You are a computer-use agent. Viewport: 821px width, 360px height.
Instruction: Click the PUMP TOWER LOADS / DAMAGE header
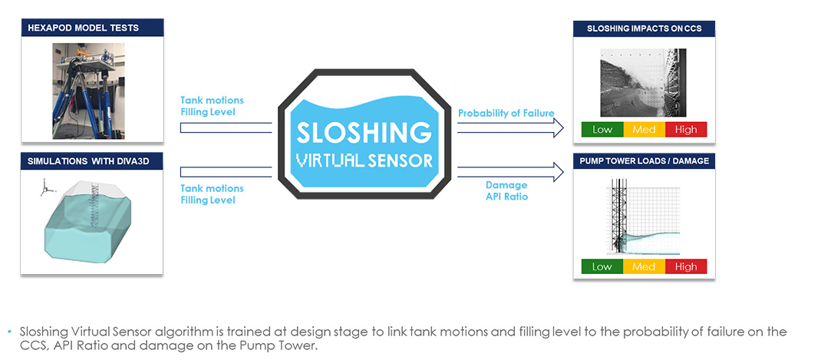pos(644,160)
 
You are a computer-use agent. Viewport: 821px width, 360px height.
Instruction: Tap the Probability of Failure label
pos(506,114)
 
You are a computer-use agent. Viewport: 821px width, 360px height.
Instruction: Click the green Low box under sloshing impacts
pos(602,129)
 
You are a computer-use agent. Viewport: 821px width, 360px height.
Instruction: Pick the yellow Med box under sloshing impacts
pos(644,129)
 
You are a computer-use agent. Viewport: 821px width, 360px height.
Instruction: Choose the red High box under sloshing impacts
pos(685,129)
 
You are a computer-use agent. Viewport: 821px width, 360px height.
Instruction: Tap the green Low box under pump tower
pos(602,266)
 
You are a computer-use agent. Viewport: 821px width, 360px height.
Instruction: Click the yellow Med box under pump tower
pos(644,266)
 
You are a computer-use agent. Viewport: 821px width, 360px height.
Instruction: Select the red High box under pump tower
pos(685,266)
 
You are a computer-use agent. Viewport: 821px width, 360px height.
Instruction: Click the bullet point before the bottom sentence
pos(11,332)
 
